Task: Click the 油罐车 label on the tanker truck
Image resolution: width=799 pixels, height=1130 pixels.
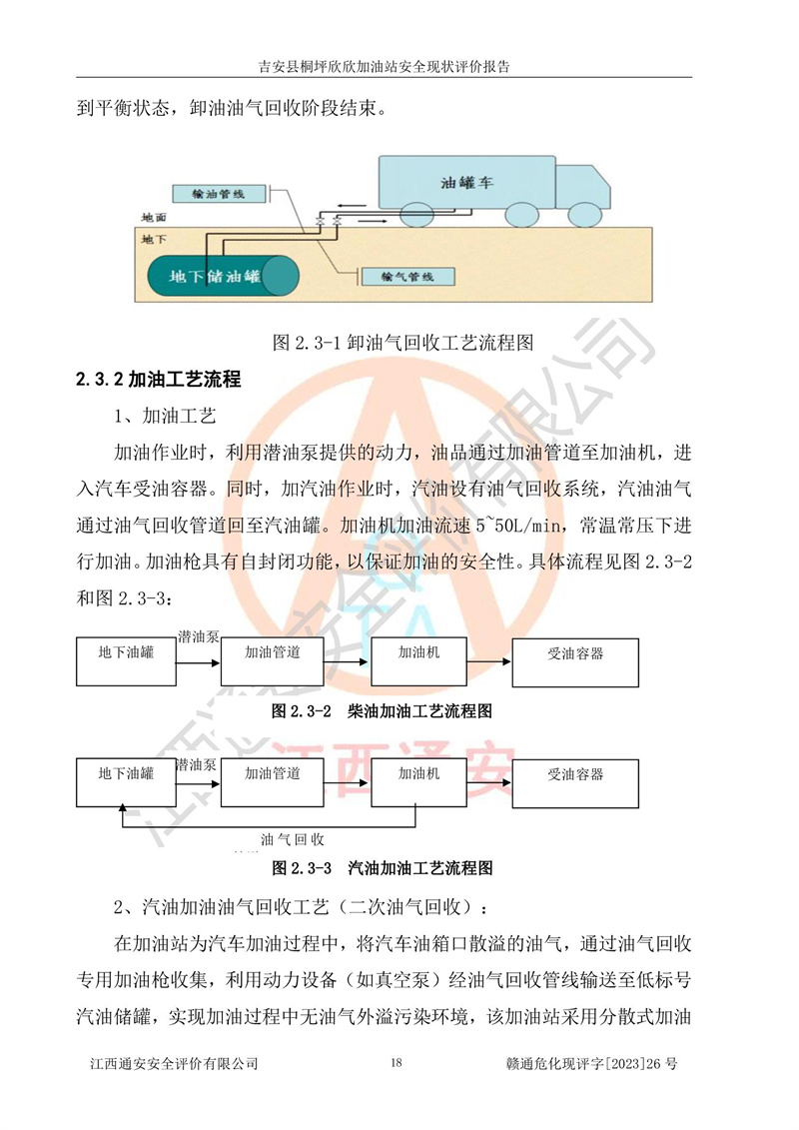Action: [x=466, y=183]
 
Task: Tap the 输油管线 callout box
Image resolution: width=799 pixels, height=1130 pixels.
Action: [x=219, y=194]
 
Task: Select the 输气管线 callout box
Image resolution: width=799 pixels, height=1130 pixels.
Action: [x=407, y=277]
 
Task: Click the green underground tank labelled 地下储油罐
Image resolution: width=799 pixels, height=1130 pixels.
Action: [x=223, y=276]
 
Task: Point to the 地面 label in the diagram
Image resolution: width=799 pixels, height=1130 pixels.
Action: [x=154, y=217]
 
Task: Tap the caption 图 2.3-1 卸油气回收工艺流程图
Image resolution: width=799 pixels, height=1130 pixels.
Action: [x=403, y=343]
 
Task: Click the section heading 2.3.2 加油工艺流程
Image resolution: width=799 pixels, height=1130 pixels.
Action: [x=159, y=379]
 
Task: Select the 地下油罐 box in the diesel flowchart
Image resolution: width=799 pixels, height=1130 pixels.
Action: [x=126, y=660]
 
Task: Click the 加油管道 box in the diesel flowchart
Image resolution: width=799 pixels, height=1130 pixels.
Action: [x=273, y=660]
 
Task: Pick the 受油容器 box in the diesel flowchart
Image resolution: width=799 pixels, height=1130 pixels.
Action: [x=575, y=662]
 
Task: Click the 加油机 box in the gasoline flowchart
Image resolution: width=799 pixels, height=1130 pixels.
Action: [x=418, y=782]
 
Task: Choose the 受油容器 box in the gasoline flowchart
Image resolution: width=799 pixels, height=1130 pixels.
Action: [x=575, y=783]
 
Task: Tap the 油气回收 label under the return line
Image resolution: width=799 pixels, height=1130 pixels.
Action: [x=293, y=839]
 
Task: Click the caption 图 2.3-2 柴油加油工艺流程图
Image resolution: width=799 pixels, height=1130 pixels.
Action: [x=382, y=711]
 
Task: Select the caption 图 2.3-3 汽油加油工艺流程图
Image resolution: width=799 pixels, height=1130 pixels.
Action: [x=382, y=867]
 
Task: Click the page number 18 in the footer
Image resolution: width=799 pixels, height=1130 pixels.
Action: [x=397, y=1062]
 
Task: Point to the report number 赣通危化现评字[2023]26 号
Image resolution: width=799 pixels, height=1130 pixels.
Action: [x=592, y=1063]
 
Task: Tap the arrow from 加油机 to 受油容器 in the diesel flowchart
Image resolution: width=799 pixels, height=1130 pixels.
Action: [x=489, y=661]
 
